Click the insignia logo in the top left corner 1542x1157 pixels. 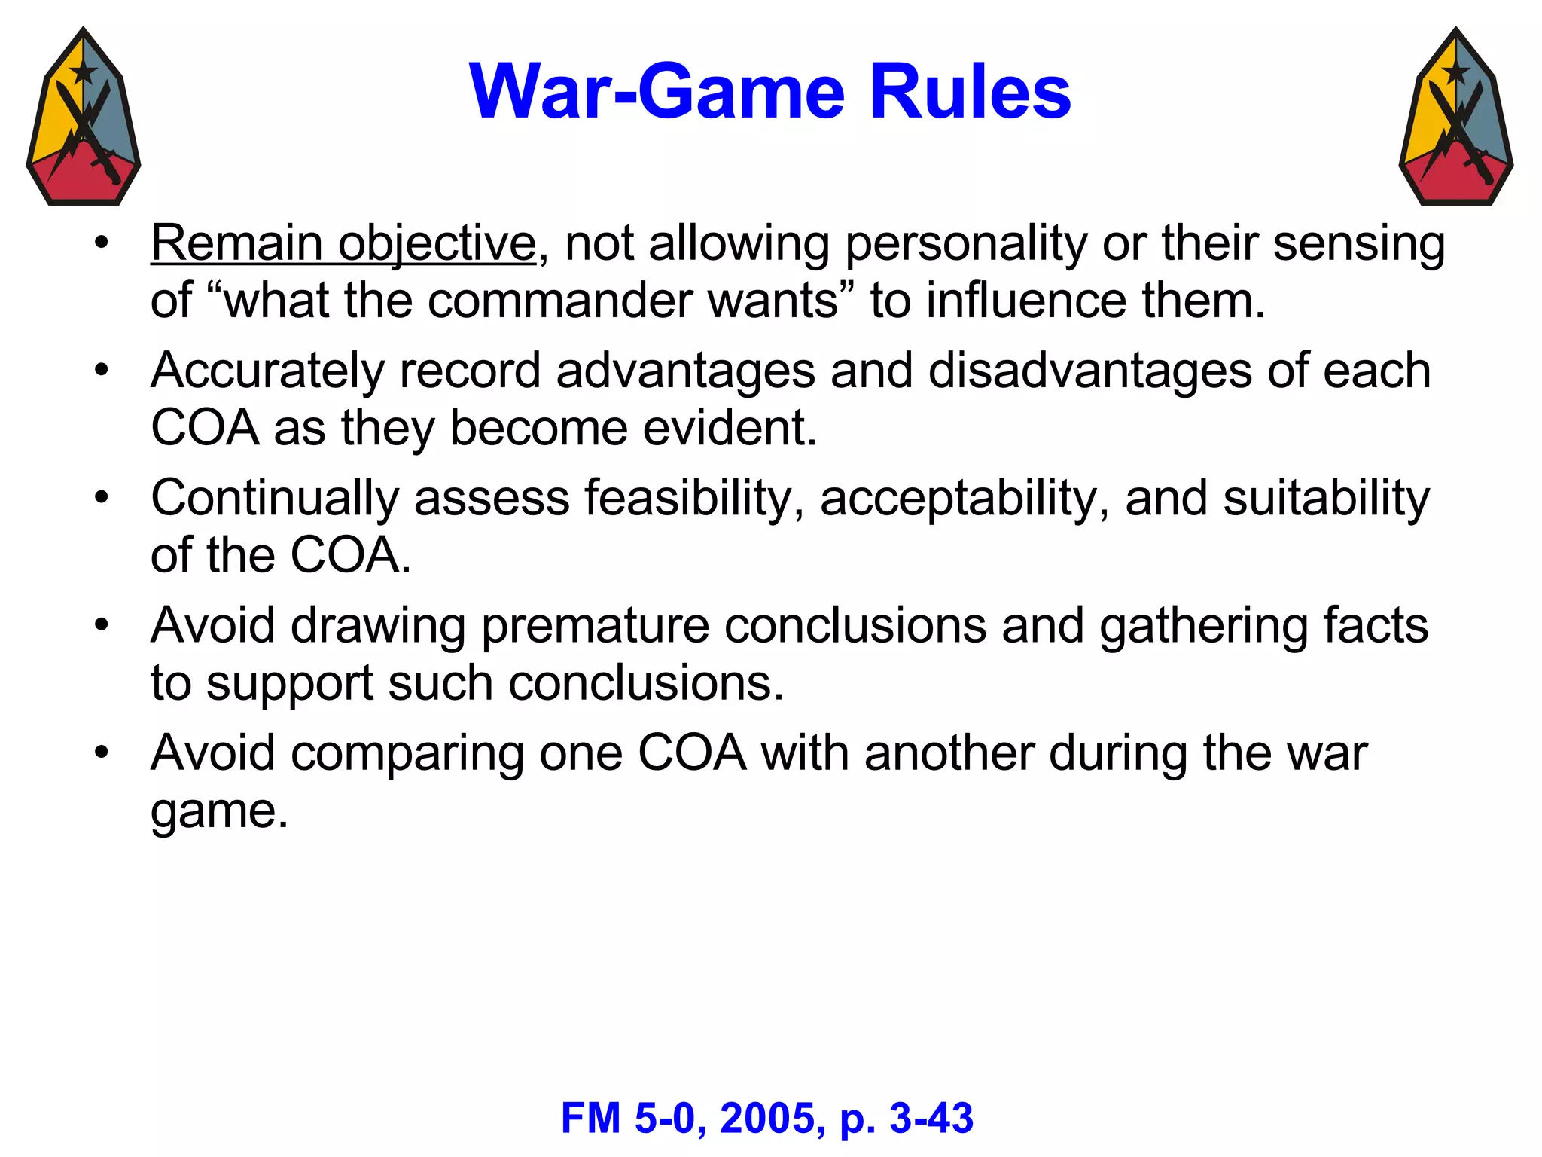(x=84, y=117)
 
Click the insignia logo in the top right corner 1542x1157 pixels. (x=1456, y=117)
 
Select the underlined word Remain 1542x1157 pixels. (x=236, y=244)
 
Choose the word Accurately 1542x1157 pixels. (x=267, y=372)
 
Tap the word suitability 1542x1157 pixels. (x=1326, y=499)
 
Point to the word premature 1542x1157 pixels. (x=595, y=627)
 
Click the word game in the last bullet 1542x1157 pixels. (x=219, y=812)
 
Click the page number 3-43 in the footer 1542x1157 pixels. (x=931, y=1119)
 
